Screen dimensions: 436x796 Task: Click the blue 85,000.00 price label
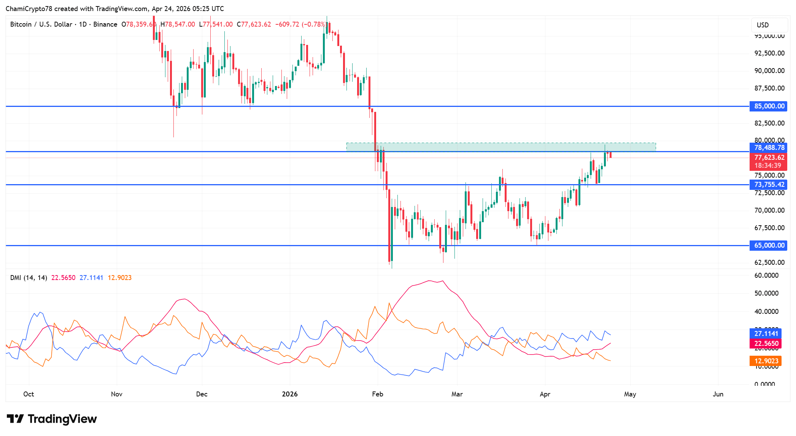[x=769, y=106]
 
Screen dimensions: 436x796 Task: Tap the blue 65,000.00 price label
[x=769, y=245]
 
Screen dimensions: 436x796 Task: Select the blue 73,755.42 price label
[x=769, y=185]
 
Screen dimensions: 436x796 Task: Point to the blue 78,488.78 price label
[x=769, y=148]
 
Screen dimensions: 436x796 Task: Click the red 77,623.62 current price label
[x=769, y=158]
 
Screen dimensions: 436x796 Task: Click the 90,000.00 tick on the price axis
[x=769, y=71]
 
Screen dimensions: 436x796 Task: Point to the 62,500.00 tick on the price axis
[x=769, y=263]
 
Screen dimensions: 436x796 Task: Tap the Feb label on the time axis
[x=377, y=394]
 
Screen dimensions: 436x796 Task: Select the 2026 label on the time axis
[x=290, y=394]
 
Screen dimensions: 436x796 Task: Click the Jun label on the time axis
[x=718, y=394]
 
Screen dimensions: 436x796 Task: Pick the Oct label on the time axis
[x=29, y=394]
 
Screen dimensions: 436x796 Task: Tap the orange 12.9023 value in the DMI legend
[x=119, y=278]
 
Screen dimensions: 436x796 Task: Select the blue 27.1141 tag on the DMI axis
[x=766, y=334]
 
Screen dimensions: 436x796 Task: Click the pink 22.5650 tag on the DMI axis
[x=766, y=344]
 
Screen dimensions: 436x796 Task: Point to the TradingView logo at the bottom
[x=52, y=419]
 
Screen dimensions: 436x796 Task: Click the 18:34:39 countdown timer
[x=767, y=165]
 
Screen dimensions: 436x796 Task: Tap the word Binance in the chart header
[x=105, y=24]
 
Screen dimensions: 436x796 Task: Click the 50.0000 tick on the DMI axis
[x=766, y=293]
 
